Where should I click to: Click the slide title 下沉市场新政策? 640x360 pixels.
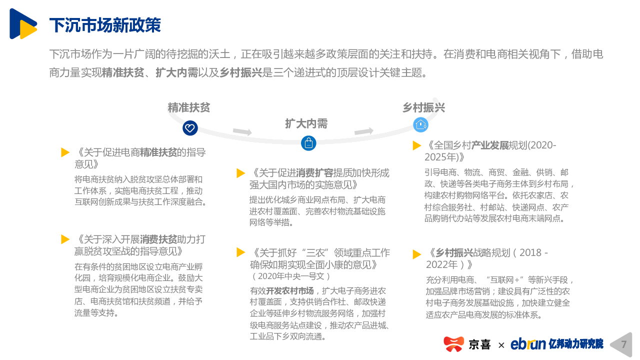(105, 25)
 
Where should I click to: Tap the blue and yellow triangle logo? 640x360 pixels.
(23, 23)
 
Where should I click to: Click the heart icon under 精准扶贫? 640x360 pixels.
(190, 128)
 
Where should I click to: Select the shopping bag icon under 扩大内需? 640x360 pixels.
(308, 143)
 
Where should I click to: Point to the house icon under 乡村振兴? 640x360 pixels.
(420, 125)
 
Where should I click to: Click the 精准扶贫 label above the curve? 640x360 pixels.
(189, 107)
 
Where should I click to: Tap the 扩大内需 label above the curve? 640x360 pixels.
(306, 123)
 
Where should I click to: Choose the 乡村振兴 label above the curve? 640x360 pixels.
(423, 107)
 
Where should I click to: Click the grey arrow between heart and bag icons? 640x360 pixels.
(242, 131)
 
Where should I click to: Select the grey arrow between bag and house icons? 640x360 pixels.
(364, 131)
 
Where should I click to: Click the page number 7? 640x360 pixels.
(623, 344)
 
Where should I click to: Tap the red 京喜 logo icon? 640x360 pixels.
(453, 344)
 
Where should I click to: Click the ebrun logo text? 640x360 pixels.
(528, 343)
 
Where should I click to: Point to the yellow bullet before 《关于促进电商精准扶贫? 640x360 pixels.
(65, 152)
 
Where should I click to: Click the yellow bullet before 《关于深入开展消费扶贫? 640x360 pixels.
(65, 239)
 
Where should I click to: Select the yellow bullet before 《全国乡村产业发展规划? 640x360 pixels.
(417, 145)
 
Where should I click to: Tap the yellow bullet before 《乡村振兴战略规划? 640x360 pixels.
(417, 254)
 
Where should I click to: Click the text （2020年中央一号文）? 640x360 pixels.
(291, 276)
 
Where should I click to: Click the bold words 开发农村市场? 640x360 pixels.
(289, 291)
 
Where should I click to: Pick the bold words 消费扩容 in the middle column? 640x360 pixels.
(314, 173)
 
